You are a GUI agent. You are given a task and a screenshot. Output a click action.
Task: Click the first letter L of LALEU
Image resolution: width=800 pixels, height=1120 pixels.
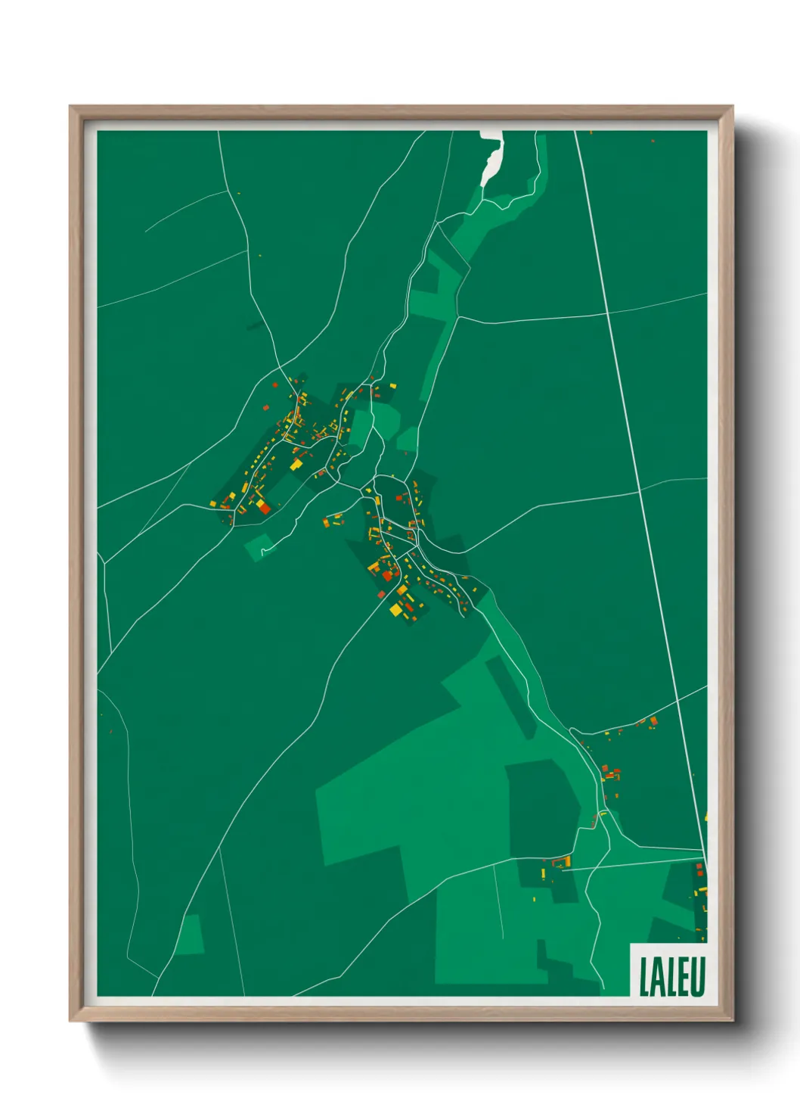(x=644, y=977)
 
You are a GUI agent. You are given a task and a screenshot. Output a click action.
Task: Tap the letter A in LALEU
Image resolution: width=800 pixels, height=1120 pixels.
(x=659, y=977)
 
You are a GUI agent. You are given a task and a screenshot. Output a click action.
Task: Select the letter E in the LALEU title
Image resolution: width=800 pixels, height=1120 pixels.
(x=684, y=977)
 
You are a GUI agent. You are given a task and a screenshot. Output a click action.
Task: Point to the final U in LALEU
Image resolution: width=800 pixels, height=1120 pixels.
(x=698, y=977)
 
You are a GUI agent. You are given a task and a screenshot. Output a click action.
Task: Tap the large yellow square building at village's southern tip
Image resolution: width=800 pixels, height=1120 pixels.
(x=395, y=608)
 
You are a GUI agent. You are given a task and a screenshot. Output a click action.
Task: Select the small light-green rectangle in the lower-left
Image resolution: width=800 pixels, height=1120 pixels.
(x=191, y=935)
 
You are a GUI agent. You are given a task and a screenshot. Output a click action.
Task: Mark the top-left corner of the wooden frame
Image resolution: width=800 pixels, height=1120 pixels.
(x=70, y=107)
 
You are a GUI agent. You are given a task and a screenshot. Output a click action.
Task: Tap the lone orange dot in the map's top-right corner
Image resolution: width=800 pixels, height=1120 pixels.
(x=653, y=140)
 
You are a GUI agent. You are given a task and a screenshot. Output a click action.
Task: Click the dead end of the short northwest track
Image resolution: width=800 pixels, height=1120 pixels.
(x=146, y=230)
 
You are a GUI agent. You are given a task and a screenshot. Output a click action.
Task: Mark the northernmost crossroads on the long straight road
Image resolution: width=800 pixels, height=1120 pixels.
(x=607, y=313)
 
